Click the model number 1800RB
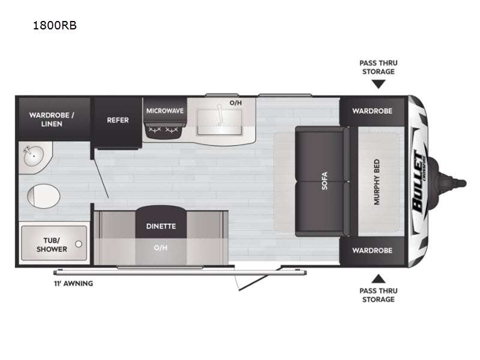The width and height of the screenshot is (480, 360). [x=55, y=25]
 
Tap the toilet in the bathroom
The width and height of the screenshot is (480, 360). [x=43, y=196]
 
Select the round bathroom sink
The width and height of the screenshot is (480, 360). [x=34, y=156]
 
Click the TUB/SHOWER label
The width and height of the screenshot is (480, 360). [x=52, y=245]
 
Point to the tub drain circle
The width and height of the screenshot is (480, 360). [x=79, y=244]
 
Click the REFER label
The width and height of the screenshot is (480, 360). [x=118, y=120]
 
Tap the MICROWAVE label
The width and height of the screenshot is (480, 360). [x=165, y=111]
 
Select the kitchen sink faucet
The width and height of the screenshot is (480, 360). [x=219, y=115]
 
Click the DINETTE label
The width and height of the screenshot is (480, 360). [x=161, y=226]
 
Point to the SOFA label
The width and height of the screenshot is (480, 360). [x=325, y=181]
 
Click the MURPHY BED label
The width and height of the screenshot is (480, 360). [x=377, y=182]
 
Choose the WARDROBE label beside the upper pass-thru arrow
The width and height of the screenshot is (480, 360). [x=372, y=111]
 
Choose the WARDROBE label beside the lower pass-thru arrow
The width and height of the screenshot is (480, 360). [x=372, y=250]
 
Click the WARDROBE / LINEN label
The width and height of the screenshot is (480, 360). [x=52, y=119]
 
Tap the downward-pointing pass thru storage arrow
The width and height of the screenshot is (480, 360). [x=379, y=84]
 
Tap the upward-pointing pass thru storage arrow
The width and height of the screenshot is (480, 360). [x=379, y=278]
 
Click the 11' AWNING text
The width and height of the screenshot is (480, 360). [x=73, y=283]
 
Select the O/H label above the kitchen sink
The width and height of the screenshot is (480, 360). [x=236, y=103]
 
